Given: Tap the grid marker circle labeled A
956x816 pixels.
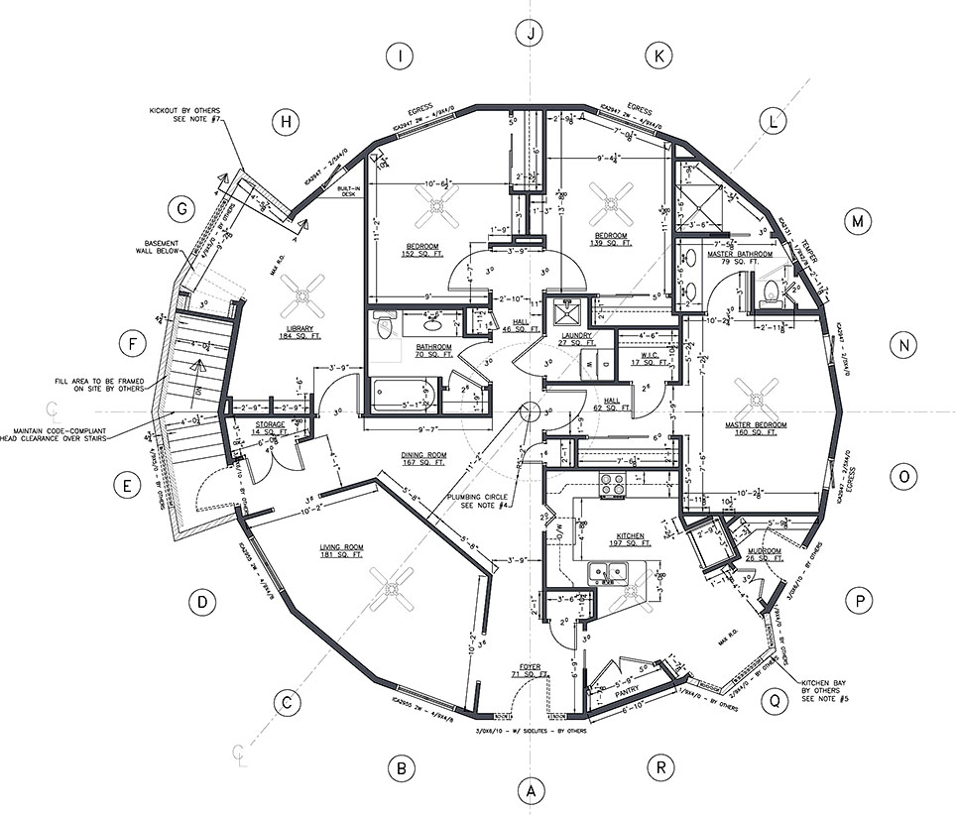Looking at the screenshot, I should click(532, 791).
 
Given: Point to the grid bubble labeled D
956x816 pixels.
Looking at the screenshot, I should click(201, 601).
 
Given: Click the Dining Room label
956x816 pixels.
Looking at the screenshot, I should click(423, 459).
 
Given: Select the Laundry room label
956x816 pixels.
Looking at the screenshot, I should click(576, 340).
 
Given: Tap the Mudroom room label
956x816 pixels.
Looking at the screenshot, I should click(765, 553).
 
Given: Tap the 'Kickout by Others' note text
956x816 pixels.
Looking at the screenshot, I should click(184, 115).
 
